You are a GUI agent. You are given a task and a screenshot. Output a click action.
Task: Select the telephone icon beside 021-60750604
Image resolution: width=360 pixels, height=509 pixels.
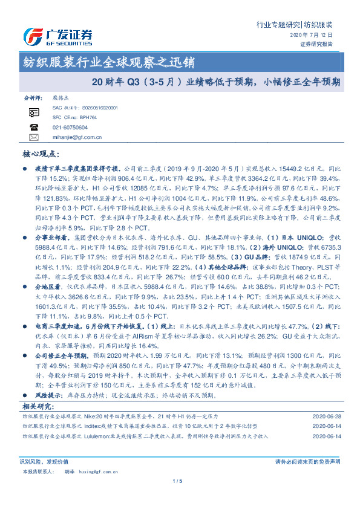click(33, 128)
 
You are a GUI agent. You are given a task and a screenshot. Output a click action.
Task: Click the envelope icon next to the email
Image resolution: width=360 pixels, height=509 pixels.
click(33, 137)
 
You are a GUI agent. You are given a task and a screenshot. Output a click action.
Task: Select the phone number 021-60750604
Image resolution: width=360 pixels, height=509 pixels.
click(70, 128)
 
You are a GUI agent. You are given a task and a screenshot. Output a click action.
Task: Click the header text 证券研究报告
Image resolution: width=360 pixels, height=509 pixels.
click(316, 44)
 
